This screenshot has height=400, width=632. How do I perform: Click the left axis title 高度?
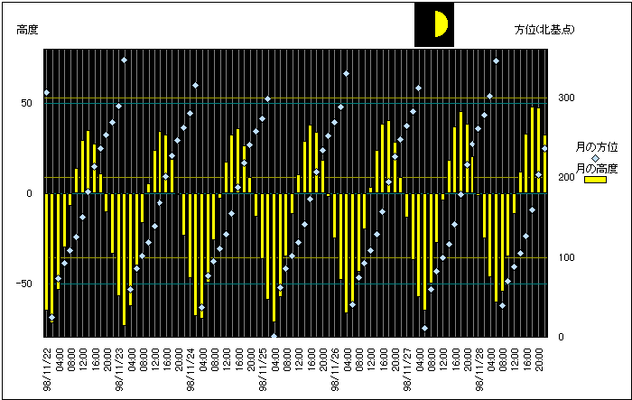(x=27, y=30)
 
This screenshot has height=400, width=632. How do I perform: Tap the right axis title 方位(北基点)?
(x=545, y=30)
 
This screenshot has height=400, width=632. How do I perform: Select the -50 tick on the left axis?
(x=24, y=284)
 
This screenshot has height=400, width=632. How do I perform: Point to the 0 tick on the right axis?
(x=561, y=338)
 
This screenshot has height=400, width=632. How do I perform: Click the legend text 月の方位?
(x=597, y=146)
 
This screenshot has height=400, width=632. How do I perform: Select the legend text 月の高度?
(x=597, y=169)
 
